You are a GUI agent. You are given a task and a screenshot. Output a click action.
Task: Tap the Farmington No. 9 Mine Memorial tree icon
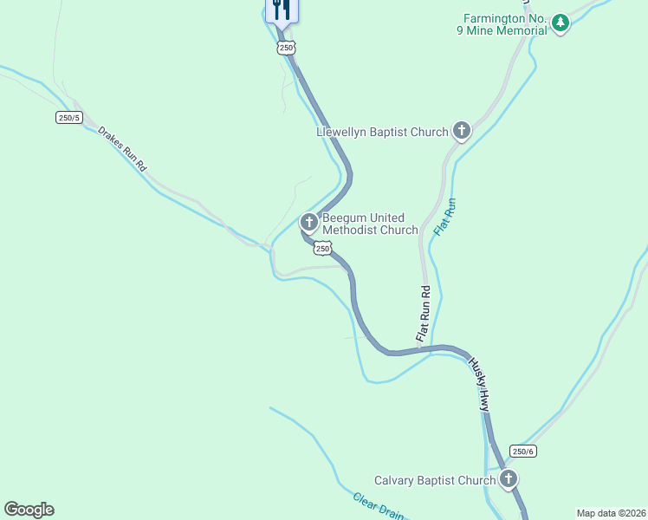pyautogui.click(x=561, y=23)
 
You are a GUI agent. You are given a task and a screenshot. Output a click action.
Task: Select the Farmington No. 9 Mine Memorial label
pyautogui.click(x=505, y=23)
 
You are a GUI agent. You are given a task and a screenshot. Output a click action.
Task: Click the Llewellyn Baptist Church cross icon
pyautogui.click(x=462, y=132)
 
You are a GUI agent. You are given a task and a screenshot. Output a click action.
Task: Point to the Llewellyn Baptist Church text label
pyautogui.click(x=382, y=132)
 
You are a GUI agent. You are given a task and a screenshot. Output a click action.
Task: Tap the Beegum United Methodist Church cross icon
pyautogui.click(x=308, y=223)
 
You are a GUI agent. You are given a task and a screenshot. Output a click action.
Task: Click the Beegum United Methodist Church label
pyautogui.click(x=370, y=224)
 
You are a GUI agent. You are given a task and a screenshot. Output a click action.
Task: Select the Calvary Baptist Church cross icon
pyautogui.click(x=508, y=479)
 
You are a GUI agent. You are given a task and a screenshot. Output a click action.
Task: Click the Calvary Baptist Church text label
pyautogui.click(x=434, y=480)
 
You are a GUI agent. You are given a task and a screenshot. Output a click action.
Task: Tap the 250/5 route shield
pyautogui.click(x=69, y=118)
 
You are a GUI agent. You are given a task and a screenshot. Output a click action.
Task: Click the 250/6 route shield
pyautogui.click(x=524, y=451)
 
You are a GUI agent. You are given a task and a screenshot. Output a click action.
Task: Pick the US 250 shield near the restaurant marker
pyautogui.click(x=287, y=48)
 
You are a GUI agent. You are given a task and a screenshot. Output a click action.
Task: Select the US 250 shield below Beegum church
pyautogui.click(x=322, y=249)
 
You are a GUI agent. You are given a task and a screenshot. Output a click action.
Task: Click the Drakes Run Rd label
pyautogui.click(x=123, y=148)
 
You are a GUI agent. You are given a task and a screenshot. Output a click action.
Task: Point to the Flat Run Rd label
pyautogui.click(x=424, y=312)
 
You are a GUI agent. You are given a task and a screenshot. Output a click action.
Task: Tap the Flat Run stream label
pyautogui.click(x=444, y=218)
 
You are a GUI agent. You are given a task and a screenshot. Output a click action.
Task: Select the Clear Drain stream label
pyautogui.click(x=378, y=506)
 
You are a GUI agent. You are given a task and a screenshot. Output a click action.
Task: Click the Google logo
pyautogui.click(x=29, y=510)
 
